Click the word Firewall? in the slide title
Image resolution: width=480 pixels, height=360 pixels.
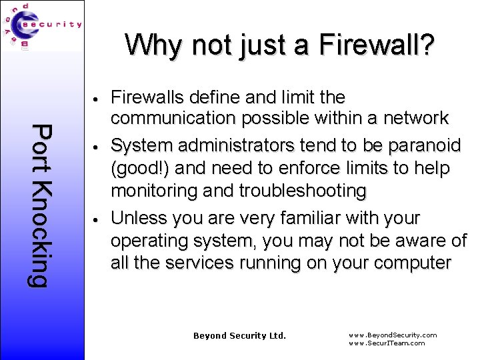click(x=377, y=46)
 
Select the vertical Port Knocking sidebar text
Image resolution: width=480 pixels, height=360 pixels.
click(x=41, y=206)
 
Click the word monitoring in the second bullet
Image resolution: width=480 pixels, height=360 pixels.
click(x=155, y=191)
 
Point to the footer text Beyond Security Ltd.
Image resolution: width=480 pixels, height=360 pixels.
click(x=239, y=336)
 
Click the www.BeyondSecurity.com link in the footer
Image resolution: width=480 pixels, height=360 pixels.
click(x=393, y=335)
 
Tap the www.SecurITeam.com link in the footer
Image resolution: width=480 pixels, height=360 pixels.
click(x=387, y=343)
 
